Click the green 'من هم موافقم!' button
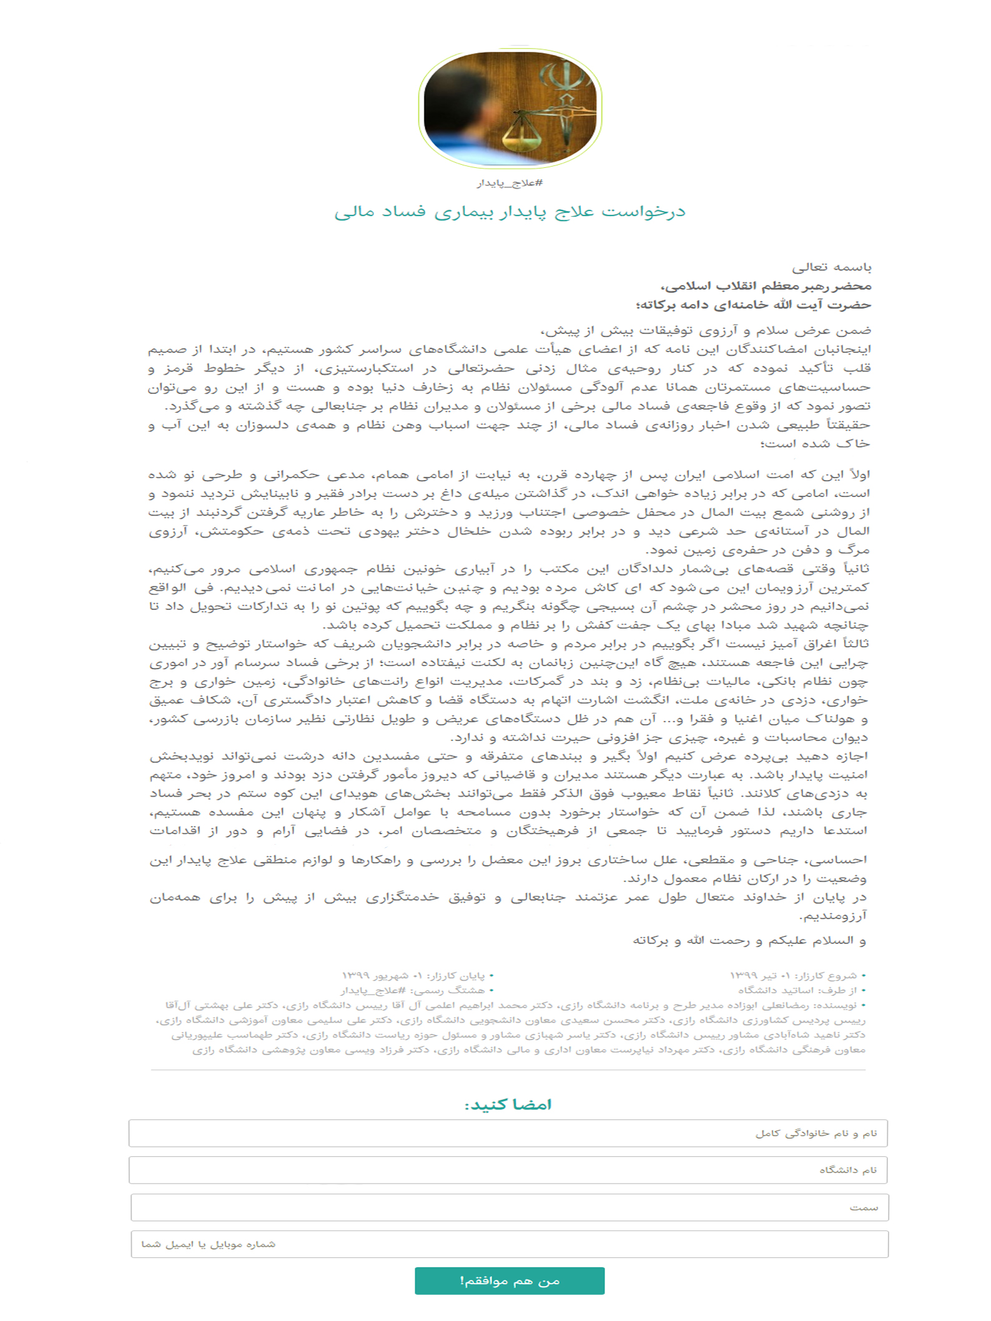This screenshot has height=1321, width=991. click(509, 1280)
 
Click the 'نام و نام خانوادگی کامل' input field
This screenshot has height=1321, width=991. click(508, 1133)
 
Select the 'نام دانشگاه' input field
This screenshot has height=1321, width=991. click(508, 1170)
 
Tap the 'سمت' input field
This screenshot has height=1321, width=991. click(509, 1207)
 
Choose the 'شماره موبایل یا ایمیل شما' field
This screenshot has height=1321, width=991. click(509, 1244)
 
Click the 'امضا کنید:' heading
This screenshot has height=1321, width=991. click(508, 1104)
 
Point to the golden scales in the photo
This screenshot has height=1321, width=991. click(523, 128)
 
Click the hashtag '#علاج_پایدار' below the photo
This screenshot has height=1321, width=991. click(510, 183)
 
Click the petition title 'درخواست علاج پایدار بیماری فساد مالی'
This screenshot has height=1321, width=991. click(510, 212)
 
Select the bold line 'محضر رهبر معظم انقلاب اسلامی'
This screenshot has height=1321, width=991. click(766, 286)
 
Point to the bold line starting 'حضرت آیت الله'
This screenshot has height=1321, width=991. click(753, 305)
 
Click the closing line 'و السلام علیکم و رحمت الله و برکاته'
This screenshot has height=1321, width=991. click(749, 940)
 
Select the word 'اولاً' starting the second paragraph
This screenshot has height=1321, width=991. click(857, 474)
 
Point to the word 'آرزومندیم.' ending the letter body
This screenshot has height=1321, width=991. click(834, 916)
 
